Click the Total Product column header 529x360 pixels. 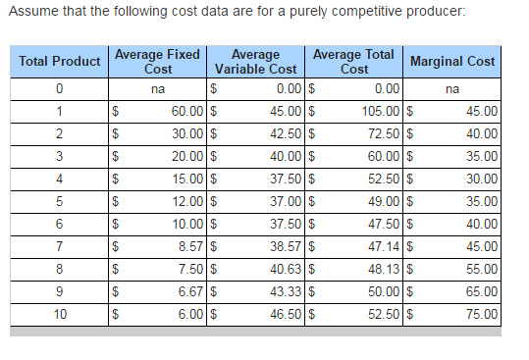pyautogui.click(x=60, y=62)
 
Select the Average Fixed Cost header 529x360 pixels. pyautogui.click(x=158, y=62)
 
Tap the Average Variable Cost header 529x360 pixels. pyautogui.click(x=255, y=62)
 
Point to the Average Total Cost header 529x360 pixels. pyautogui.click(x=354, y=62)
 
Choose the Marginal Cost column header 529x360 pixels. pyautogui.click(x=452, y=62)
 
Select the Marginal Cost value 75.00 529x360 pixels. pyautogui.click(x=480, y=316)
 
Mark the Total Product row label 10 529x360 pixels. pyautogui.click(x=60, y=316)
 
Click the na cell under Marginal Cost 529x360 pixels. pyautogui.click(x=452, y=90)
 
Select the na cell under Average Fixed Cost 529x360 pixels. pyautogui.click(x=158, y=90)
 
